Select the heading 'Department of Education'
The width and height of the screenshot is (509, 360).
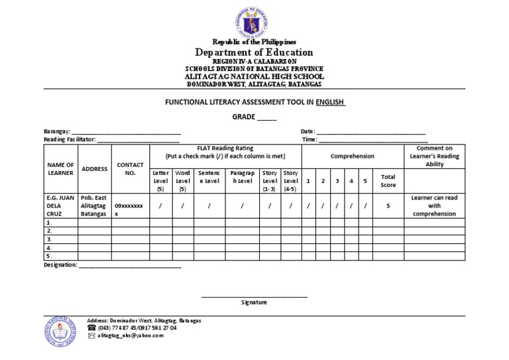[254, 52]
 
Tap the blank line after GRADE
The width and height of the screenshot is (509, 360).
[266, 117]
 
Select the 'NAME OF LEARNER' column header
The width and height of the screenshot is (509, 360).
[60, 168]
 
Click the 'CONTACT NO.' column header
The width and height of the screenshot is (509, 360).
[130, 168]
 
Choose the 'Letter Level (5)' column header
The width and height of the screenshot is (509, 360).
[160, 180]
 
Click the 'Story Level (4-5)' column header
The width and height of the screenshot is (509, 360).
[290, 180]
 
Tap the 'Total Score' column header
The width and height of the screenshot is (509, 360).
[388, 180]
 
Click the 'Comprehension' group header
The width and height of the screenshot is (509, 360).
[353, 156]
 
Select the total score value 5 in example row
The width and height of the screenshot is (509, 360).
[388, 206]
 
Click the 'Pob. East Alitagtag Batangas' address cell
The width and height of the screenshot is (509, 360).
[94, 206]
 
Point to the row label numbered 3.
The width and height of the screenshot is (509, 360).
[49, 239]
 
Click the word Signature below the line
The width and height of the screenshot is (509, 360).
[254, 302]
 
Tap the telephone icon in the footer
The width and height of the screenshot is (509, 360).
[91, 328]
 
